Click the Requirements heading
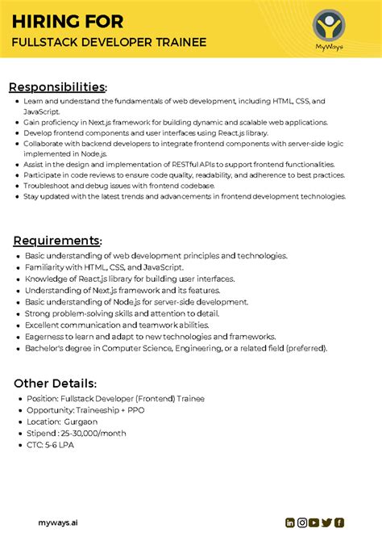click(56, 241)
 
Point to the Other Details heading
click(54, 383)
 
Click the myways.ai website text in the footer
click(58, 522)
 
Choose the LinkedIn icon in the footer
click(290, 522)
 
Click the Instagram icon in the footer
click(302, 522)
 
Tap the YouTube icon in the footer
click(314, 522)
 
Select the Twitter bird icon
click(326, 522)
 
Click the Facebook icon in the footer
click(339, 522)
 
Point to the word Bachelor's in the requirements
click(45, 348)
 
